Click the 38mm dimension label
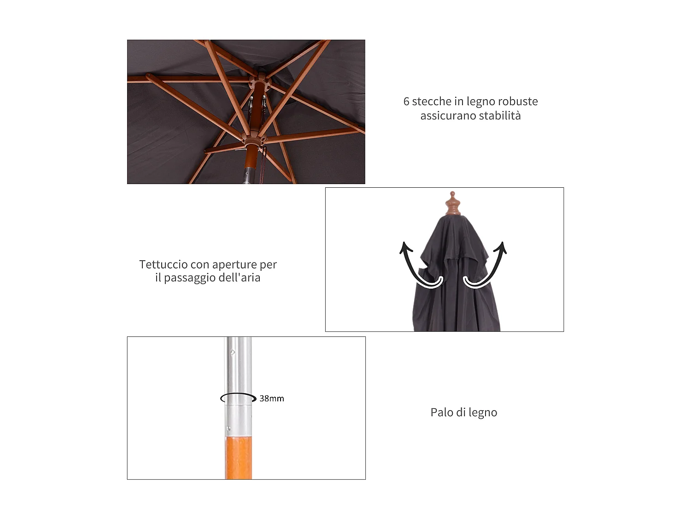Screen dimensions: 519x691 click(x=272, y=399)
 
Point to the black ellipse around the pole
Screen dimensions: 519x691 click(x=238, y=398)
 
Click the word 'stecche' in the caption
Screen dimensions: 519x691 click(x=432, y=101)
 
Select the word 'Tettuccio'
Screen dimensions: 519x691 click(x=163, y=265)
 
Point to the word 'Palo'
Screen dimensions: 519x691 click(x=441, y=412)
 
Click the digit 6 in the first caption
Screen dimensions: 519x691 click(x=406, y=101)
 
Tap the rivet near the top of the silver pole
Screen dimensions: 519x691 click(x=233, y=352)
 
